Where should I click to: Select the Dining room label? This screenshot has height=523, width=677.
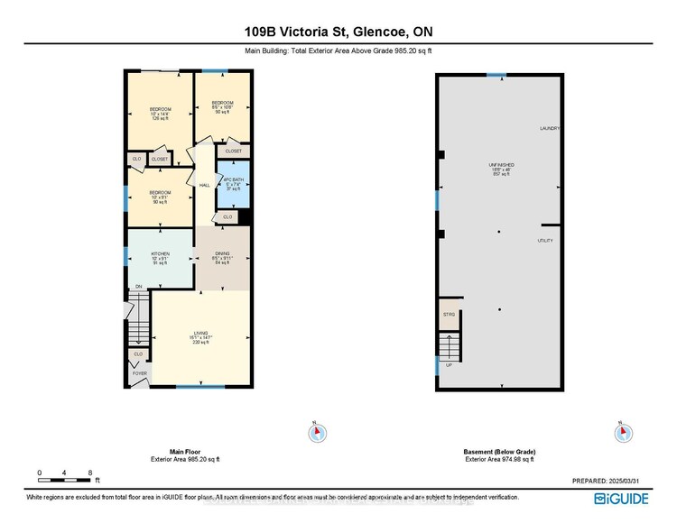point(222,255)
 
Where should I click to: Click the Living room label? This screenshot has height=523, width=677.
point(200,335)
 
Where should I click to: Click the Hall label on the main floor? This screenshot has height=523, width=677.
point(205,186)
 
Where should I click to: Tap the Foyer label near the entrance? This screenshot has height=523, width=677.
point(139,372)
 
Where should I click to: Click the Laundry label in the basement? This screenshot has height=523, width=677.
point(550,129)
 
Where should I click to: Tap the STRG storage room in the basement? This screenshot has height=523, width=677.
point(449,315)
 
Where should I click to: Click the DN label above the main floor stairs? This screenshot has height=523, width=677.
point(139,288)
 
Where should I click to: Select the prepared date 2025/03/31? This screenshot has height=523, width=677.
point(622,482)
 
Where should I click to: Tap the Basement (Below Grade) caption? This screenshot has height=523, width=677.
point(498,453)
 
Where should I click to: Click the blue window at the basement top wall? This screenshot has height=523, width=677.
point(496,75)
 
